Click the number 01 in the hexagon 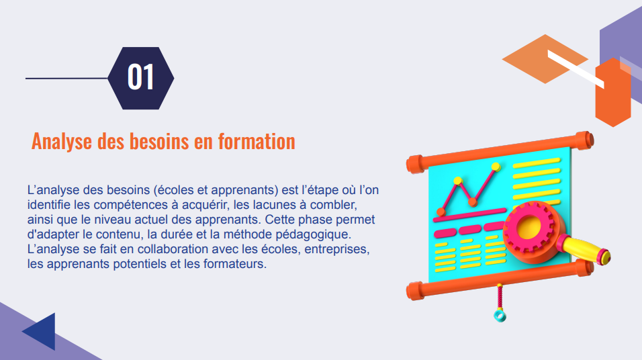[141, 78]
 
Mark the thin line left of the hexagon [66, 79]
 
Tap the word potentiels [135, 264]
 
